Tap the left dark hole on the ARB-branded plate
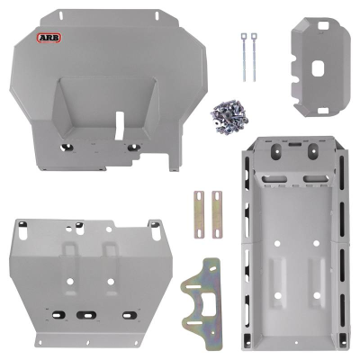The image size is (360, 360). pos(67,146)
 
